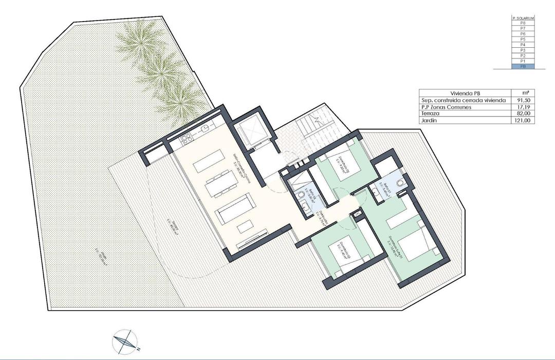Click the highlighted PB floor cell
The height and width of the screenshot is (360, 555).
coord(523,66)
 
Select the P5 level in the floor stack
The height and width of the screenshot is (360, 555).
coord(523,39)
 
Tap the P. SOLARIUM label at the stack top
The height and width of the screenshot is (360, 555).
coord(523,18)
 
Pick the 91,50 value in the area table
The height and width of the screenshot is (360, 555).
coord(525,100)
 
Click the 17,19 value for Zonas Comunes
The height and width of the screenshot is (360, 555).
coord(525,107)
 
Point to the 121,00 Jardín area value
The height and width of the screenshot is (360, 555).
coord(525,120)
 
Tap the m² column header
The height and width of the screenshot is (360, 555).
coord(525,93)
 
